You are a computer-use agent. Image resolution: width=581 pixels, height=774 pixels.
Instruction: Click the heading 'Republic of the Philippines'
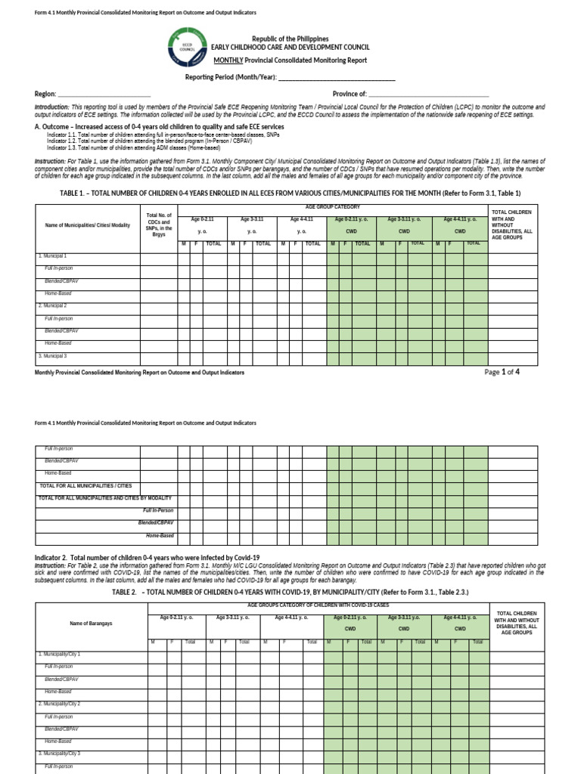290,39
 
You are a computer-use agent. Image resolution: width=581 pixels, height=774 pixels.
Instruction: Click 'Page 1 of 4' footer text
502,372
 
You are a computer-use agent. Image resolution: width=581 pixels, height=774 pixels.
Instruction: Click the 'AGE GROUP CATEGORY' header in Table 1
332,207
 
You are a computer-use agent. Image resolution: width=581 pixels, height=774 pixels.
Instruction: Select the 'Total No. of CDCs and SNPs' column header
159,225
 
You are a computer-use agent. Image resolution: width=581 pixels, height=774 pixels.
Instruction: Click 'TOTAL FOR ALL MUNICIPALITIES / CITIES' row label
85,485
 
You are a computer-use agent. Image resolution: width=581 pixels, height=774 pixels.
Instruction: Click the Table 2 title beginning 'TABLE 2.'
290,593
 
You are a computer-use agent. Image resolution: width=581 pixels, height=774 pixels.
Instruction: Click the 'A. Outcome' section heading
159,127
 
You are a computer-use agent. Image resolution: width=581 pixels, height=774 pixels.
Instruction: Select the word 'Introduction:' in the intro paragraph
51,107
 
